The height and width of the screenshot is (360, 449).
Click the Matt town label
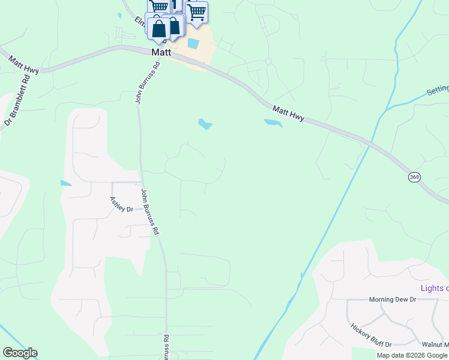[161, 53]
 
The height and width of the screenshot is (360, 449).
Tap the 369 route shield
[414, 177]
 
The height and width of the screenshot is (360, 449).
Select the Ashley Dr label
[121, 205]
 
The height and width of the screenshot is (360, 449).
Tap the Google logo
[20, 353]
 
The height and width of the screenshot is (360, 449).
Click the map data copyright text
[412, 355]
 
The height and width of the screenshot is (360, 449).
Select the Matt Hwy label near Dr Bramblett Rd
[24, 65]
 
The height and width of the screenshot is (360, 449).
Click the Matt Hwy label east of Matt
[288, 113]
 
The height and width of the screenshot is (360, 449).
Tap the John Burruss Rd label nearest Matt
[147, 85]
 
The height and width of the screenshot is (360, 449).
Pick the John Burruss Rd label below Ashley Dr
[150, 211]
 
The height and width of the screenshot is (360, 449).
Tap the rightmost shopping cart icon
[196, 13]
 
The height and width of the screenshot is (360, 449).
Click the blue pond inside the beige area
[193, 43]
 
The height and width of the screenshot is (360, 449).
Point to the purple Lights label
[434, 288]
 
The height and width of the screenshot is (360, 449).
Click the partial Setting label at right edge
[438, 90]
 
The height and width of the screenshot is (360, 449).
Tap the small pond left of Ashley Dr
[65, 182]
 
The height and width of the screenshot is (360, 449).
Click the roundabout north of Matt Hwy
[268, 61]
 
